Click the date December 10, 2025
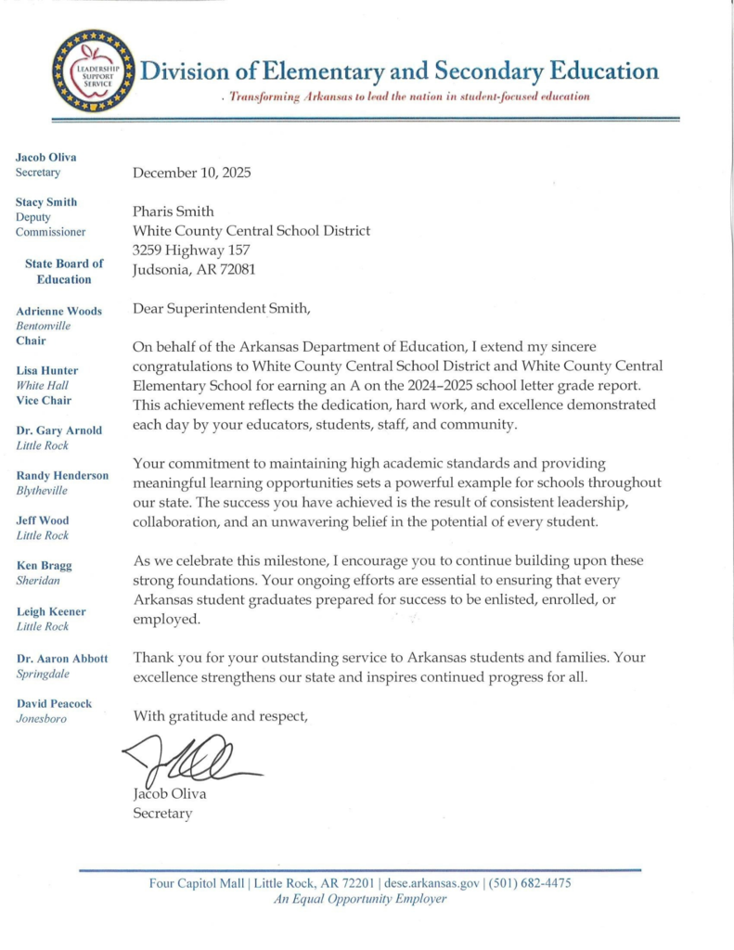(x=192, y=173)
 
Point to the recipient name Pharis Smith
(x=174, y=212)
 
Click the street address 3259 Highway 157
(x=191, y=250)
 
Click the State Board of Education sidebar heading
(x=64, y=271)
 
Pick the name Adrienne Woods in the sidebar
(x=59, y=311)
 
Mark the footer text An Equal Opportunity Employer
(x=360, y=899)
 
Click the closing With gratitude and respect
(x=220, y=715)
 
